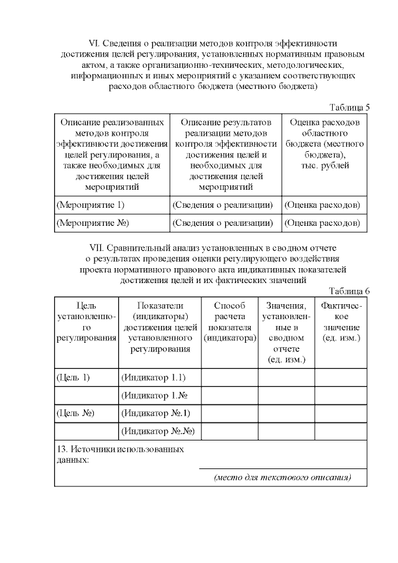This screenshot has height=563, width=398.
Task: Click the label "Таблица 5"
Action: coord(349,107)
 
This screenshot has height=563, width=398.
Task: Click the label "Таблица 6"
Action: coord(349,291)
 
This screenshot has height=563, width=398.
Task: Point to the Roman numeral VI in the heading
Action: coord(95,44)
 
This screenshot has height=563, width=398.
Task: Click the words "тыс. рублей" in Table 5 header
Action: coord(324,165)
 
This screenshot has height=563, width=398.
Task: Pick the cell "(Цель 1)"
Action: coord(73,378)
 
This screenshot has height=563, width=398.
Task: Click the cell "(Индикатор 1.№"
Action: coord(155,395)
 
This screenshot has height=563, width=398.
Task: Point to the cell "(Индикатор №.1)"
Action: coord(156,412)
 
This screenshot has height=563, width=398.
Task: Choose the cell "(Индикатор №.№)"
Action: coord(159,430)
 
